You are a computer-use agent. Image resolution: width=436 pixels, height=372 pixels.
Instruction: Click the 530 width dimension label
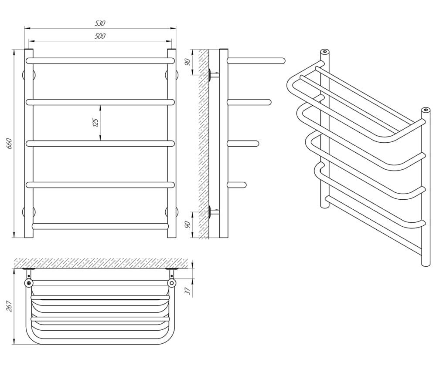tap(100, 23)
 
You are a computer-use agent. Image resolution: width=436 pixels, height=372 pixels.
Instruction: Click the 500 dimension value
tap(100, 36)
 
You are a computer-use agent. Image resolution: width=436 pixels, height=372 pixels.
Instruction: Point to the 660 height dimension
tap(10, 144)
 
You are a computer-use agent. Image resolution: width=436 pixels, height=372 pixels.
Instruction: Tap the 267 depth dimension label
tap(10, 306)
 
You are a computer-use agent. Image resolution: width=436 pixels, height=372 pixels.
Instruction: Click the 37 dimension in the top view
tap(188, 291)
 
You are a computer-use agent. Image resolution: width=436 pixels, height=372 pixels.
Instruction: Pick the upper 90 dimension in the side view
tap(188, 62)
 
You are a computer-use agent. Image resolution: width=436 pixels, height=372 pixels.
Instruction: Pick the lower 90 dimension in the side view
tap(188, 225)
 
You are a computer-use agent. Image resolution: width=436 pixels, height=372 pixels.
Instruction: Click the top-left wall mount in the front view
tap(29, 75)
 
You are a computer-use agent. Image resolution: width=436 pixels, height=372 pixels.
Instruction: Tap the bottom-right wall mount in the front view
tap(171, 212)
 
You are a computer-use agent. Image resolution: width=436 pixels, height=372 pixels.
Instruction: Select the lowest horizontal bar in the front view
tap(100, 226)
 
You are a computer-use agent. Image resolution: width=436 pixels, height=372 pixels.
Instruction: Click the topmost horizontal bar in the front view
tap(100, 61)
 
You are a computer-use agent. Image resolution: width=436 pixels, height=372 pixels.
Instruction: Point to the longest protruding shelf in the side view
tap(256, 61)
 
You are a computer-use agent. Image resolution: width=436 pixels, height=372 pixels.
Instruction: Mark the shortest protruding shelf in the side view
tap(237, 185)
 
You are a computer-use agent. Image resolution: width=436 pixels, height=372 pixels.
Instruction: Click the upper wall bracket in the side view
tap(214, 75)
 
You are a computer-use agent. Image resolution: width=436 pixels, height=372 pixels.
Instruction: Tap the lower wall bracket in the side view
tap(214, 212)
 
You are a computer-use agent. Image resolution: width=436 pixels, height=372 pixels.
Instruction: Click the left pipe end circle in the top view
tap(29, 283)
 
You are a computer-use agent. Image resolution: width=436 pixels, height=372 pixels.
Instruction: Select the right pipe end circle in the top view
tap(172, 283)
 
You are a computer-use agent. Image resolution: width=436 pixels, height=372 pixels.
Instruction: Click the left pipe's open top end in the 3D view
tap(324, 52)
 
